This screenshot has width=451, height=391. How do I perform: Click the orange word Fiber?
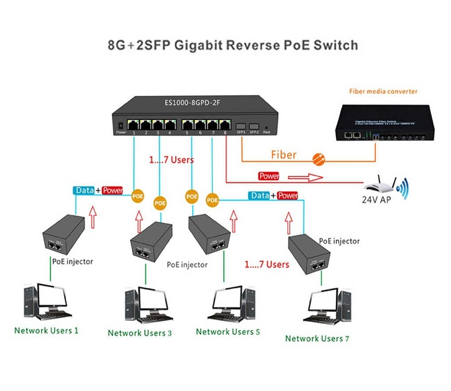pyautogui.click(x=283, y=155)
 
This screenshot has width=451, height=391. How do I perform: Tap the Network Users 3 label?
pyautogui.click(x=140, y=333)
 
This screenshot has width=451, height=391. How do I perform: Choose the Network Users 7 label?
pyautogui.click(x=317, y=338)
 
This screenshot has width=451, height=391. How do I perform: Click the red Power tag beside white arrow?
pyautogui.click(x=268, y=176)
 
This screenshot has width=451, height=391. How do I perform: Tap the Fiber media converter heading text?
pyautogui.click(x=383, y=91)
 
